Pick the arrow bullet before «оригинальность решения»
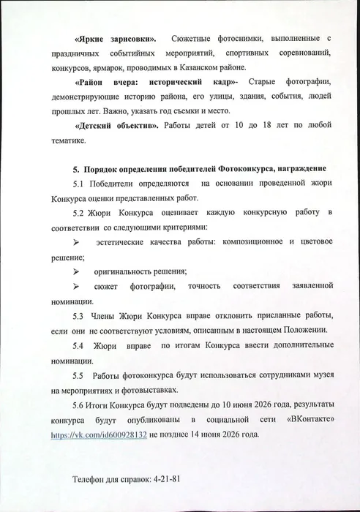pyautogui.click(x=75, y=271)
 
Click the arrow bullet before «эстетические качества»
pyautogui.click(x=75, y=241)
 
